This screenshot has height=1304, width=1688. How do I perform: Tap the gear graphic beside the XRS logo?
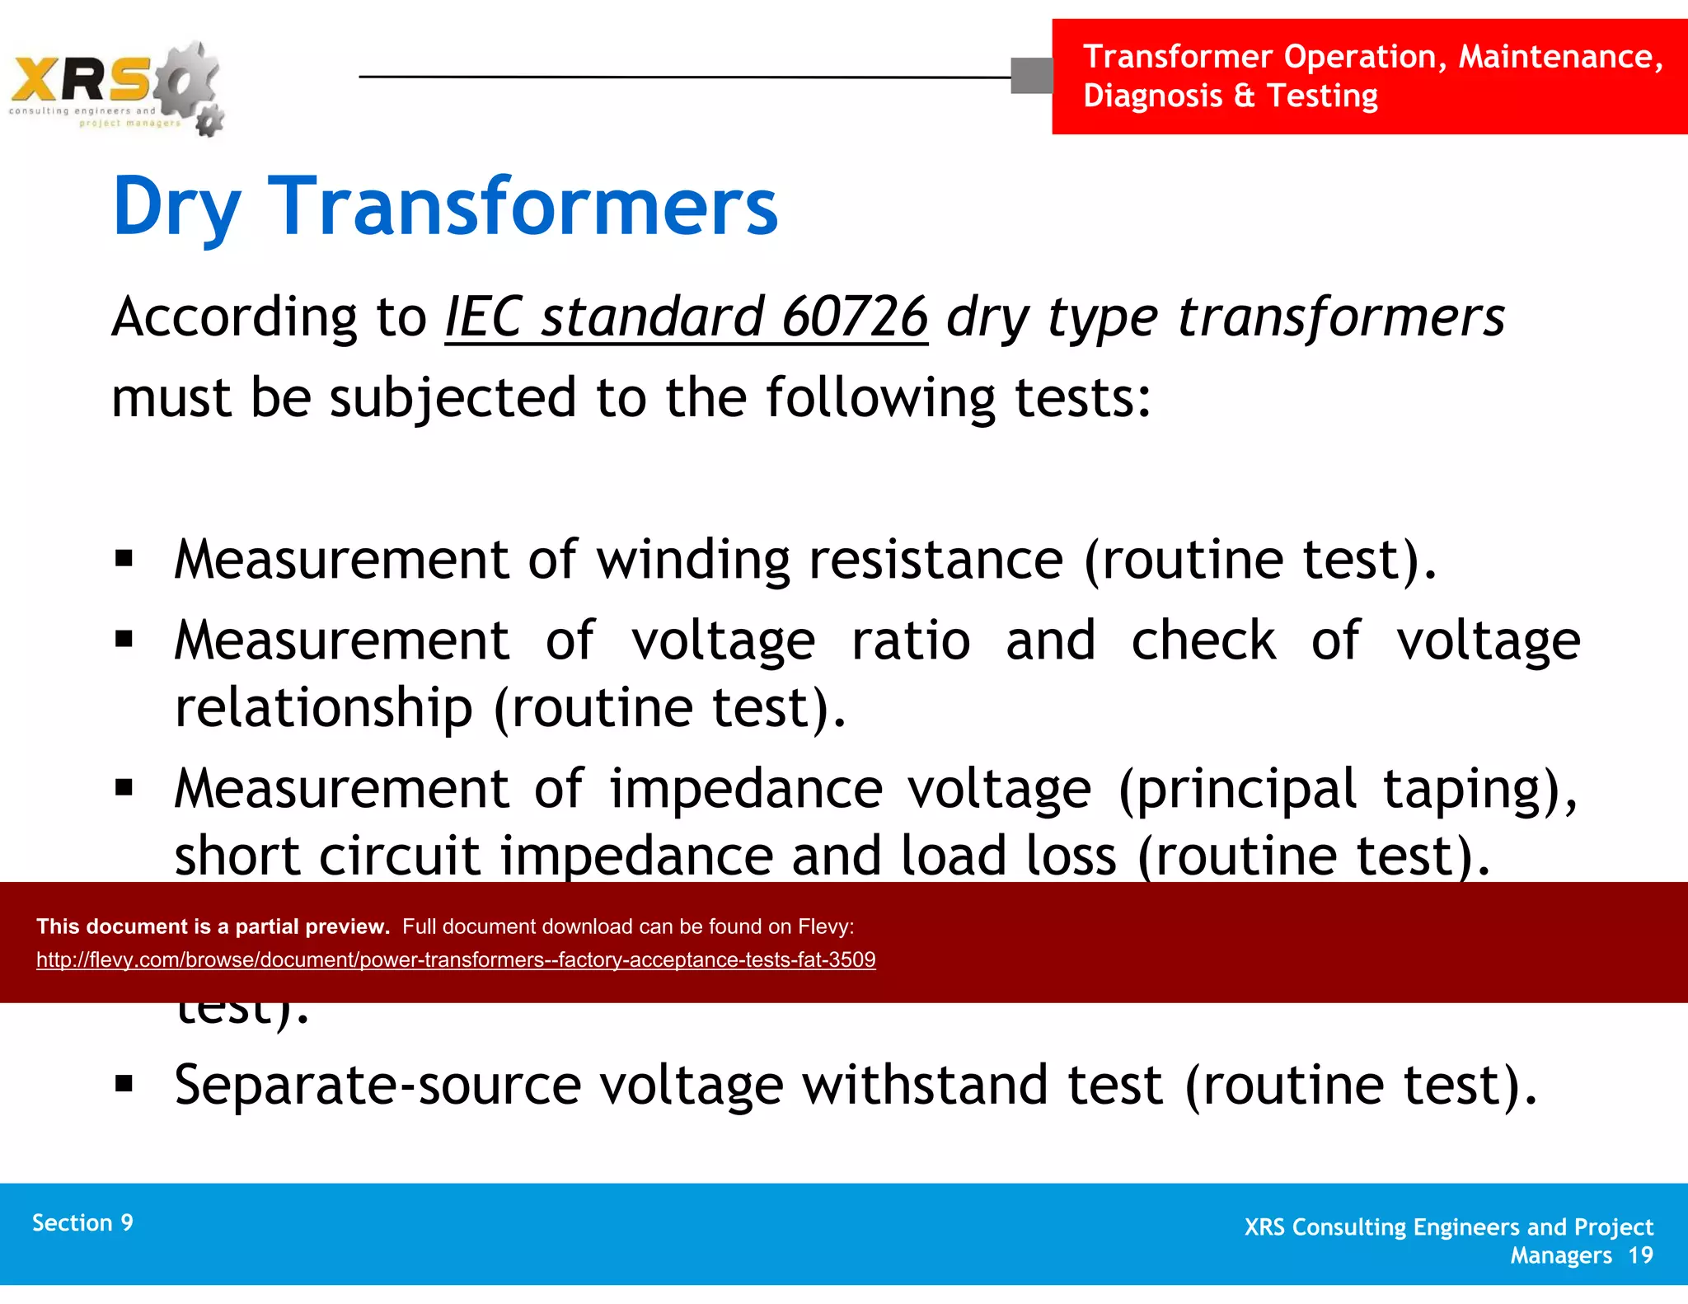point(191,82)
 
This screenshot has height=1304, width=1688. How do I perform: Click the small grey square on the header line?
point(1031,76)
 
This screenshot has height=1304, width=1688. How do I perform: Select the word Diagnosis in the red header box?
point(1152,96)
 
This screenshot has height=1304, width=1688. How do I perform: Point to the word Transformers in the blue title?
point(523,207)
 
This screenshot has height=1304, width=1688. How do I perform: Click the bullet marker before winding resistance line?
point(124,560)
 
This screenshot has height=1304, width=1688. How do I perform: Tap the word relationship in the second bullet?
point(324,707)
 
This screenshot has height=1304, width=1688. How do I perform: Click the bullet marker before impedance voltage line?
point(124,788)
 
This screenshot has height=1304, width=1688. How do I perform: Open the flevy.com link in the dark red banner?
point(456,959)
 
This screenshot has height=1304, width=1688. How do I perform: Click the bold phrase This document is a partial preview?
point(213,926)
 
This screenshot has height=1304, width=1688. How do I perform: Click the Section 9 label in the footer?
point(82,1222)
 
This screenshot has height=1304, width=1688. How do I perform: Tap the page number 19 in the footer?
point(1640,1255)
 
